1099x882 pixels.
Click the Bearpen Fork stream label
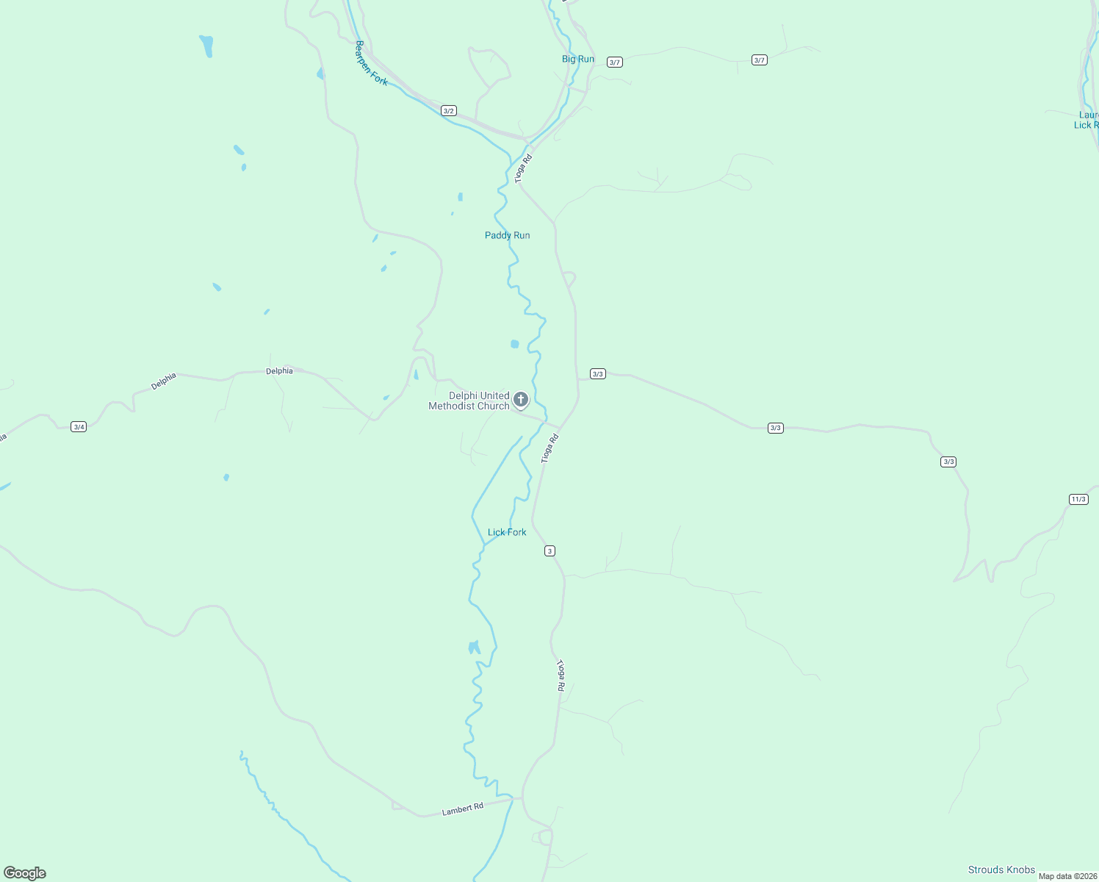[371, 63]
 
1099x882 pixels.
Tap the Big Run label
[578, 59]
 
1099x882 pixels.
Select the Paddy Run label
[507, 235]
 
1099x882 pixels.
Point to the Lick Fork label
[507, 532]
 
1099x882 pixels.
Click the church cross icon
[521, 400]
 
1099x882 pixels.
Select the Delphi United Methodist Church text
[470, 401]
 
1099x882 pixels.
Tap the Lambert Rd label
[463, 808]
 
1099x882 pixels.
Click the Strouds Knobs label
[1001, 870]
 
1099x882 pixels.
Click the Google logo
[25, 873]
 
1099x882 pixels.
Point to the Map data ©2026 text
[1067, 876]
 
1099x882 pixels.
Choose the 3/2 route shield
[449, 111]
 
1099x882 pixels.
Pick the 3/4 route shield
[79, 426]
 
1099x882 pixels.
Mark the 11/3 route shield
[1078, 499]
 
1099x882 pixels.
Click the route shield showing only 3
[549, 551]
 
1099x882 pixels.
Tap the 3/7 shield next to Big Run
[615, 62]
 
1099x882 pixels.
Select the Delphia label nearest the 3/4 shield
[164, 381]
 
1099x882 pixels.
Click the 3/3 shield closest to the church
[597, 374]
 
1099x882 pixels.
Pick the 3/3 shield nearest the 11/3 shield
[948, 462]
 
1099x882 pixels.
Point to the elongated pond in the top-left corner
[206, 46]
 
